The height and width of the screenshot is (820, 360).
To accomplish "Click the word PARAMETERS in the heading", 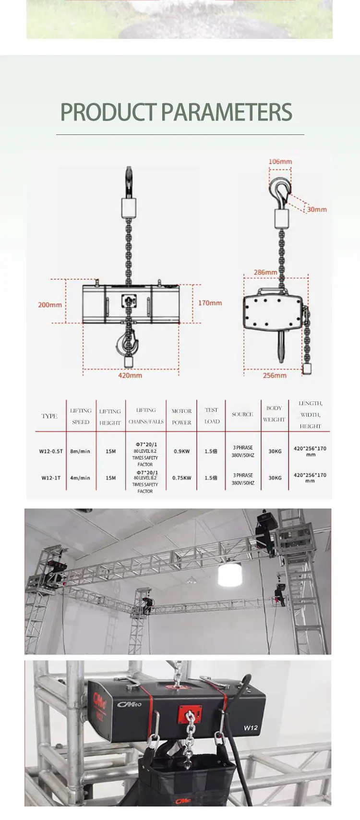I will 227,112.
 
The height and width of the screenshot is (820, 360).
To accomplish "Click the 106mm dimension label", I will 280,161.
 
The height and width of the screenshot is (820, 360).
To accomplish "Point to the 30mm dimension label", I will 317,209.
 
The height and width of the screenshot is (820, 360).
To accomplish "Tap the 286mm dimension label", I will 265,272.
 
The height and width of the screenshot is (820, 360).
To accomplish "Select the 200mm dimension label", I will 50,305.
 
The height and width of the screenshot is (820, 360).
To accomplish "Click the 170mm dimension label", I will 210,303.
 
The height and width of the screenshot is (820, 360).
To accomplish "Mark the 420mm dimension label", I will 130,375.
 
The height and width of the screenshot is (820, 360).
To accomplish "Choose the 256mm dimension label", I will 275,375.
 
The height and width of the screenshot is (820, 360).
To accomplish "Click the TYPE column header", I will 49,416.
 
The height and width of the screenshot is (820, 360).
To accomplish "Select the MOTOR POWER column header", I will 181,417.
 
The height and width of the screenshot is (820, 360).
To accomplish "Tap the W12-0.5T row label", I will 51,451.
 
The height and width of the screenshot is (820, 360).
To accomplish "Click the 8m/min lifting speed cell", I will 80,451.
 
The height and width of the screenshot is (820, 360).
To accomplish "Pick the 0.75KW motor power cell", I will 182,478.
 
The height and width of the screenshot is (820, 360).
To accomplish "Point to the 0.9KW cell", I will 182,451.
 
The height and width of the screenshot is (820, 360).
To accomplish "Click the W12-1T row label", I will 51,478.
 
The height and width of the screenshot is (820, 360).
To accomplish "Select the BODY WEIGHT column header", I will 274,414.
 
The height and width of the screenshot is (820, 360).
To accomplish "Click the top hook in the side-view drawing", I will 280,190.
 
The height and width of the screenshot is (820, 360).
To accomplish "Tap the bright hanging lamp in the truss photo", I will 229,574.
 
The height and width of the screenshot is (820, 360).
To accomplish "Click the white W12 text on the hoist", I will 251,727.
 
